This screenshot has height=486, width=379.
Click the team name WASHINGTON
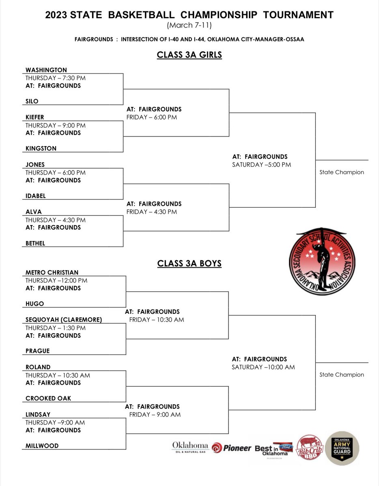click(46, 70)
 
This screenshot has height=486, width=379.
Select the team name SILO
click(32, 101)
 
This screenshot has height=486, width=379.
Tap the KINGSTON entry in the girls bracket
click(41, 149)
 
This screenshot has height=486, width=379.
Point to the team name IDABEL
click(36, 196)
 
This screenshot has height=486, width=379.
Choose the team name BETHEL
click(35, 243)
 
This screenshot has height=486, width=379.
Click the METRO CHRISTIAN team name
click(52, 273)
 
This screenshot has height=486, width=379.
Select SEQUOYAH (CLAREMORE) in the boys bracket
click(64, 320)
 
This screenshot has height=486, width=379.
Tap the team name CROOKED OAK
click(48, 399)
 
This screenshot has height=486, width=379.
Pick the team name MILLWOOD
click(42, 446)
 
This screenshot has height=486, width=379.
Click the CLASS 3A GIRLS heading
click(189, 55)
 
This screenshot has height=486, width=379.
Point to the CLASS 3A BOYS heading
click(189, 264)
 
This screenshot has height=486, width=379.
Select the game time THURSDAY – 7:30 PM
click(56, 78)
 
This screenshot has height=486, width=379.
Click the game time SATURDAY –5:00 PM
click(261, 165)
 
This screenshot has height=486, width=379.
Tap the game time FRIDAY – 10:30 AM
click(157, 320)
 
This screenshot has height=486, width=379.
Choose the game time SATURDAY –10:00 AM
click(263, 367)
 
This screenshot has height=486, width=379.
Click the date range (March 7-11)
click(189, 25)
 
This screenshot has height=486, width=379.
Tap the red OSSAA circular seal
click(322, 261)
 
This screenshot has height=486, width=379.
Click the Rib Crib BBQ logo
click(310, 448)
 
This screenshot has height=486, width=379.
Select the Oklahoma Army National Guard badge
click(342, 448)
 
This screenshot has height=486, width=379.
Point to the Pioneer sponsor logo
click(231, 448)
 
